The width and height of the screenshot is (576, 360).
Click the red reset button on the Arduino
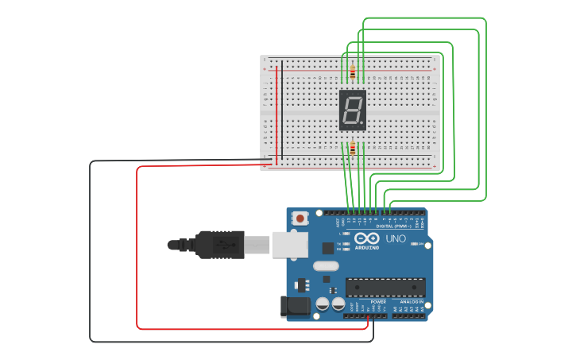[x=300, y=218]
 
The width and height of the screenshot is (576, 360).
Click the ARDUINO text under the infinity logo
[x=367, y=247]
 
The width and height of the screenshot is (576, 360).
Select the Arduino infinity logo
[x=367, y=238]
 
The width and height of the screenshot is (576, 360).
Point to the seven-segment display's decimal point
[x=364, y=124]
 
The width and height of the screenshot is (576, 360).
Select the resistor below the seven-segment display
[x=351, y=148]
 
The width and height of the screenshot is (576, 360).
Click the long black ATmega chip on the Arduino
[x=385, y=287]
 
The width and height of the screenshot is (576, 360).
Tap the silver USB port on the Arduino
[x=290, y=245]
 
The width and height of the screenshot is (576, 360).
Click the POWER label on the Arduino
[x=379, y=302]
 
